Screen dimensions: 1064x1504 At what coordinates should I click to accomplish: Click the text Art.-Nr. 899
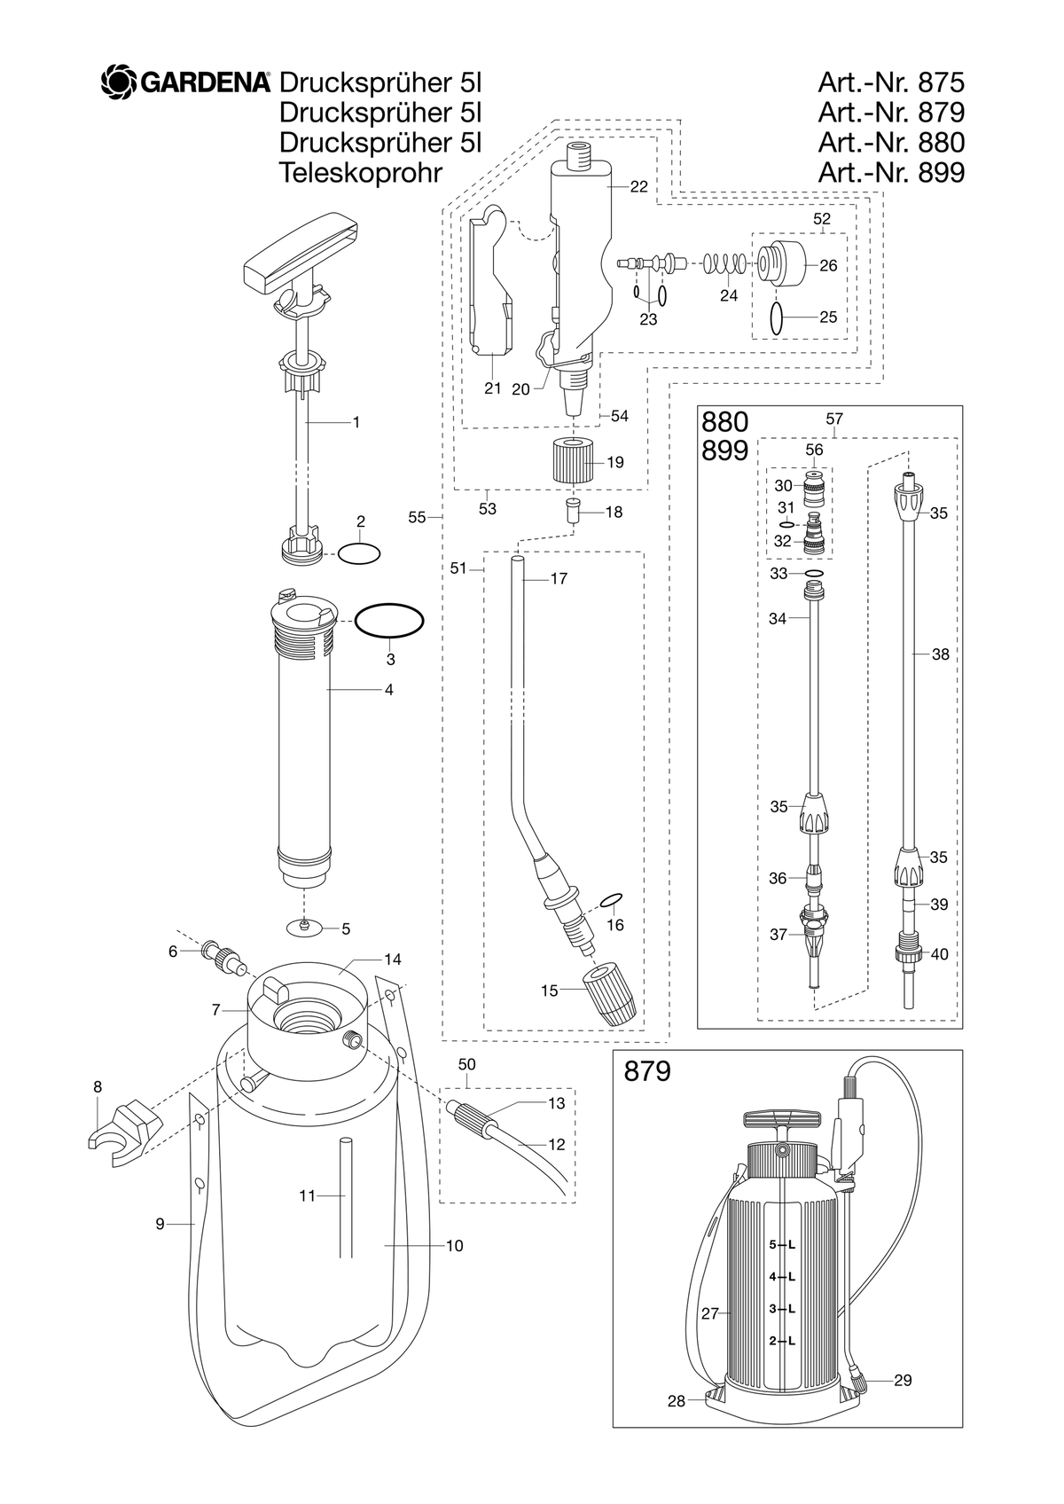[x=891, y=173]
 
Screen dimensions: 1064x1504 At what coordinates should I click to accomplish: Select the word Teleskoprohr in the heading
[x=361, y=173]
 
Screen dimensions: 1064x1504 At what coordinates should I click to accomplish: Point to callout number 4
[x=388, y=690]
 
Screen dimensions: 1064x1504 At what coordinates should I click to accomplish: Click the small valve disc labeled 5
[x=304, y=928]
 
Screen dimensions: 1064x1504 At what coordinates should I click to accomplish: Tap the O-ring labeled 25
[x=777, y=317]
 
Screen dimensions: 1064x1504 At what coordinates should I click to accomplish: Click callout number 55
[x=417, y=517]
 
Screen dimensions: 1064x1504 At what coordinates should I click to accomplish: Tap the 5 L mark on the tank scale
[x=782, y=1244]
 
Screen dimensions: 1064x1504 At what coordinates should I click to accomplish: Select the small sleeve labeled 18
[x=574, y=513]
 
